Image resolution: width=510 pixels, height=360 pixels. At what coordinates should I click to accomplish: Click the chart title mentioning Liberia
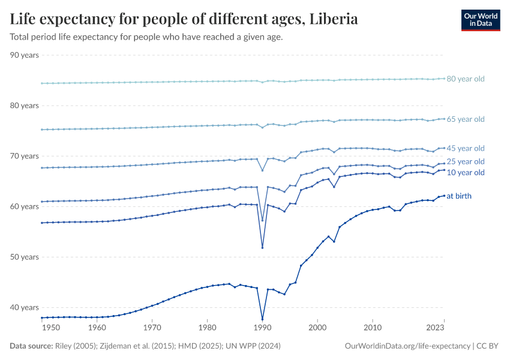[184, 19]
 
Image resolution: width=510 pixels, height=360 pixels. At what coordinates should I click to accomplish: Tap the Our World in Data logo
[480, 19]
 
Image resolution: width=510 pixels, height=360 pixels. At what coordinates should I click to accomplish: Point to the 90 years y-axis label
[25, 55]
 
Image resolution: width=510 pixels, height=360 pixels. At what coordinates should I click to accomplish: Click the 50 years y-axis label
[25, 257]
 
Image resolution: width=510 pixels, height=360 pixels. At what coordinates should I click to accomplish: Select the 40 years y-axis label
[25, 307]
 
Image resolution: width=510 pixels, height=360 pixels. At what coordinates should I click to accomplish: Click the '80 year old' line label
[465, 79]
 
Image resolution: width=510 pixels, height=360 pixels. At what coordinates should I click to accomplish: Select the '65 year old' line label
[465, 119]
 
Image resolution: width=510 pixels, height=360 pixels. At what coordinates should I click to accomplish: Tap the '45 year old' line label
[465, 148]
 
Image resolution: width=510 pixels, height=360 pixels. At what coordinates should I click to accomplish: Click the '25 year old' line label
[465, 161]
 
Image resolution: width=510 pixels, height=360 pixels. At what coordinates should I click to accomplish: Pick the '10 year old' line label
[465, 173]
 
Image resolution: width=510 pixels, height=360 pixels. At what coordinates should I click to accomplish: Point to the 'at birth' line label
[460, 196]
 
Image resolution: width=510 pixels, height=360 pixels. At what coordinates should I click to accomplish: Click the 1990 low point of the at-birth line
[262, 319]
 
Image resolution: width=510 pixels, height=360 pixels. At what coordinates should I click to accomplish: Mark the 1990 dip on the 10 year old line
[262, 248]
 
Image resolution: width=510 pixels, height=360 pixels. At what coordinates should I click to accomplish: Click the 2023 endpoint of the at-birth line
[444, 196]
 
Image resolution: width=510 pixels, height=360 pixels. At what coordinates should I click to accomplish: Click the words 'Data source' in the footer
[30, 346]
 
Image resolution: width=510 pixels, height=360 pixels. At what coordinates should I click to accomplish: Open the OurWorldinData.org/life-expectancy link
[407, 346]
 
